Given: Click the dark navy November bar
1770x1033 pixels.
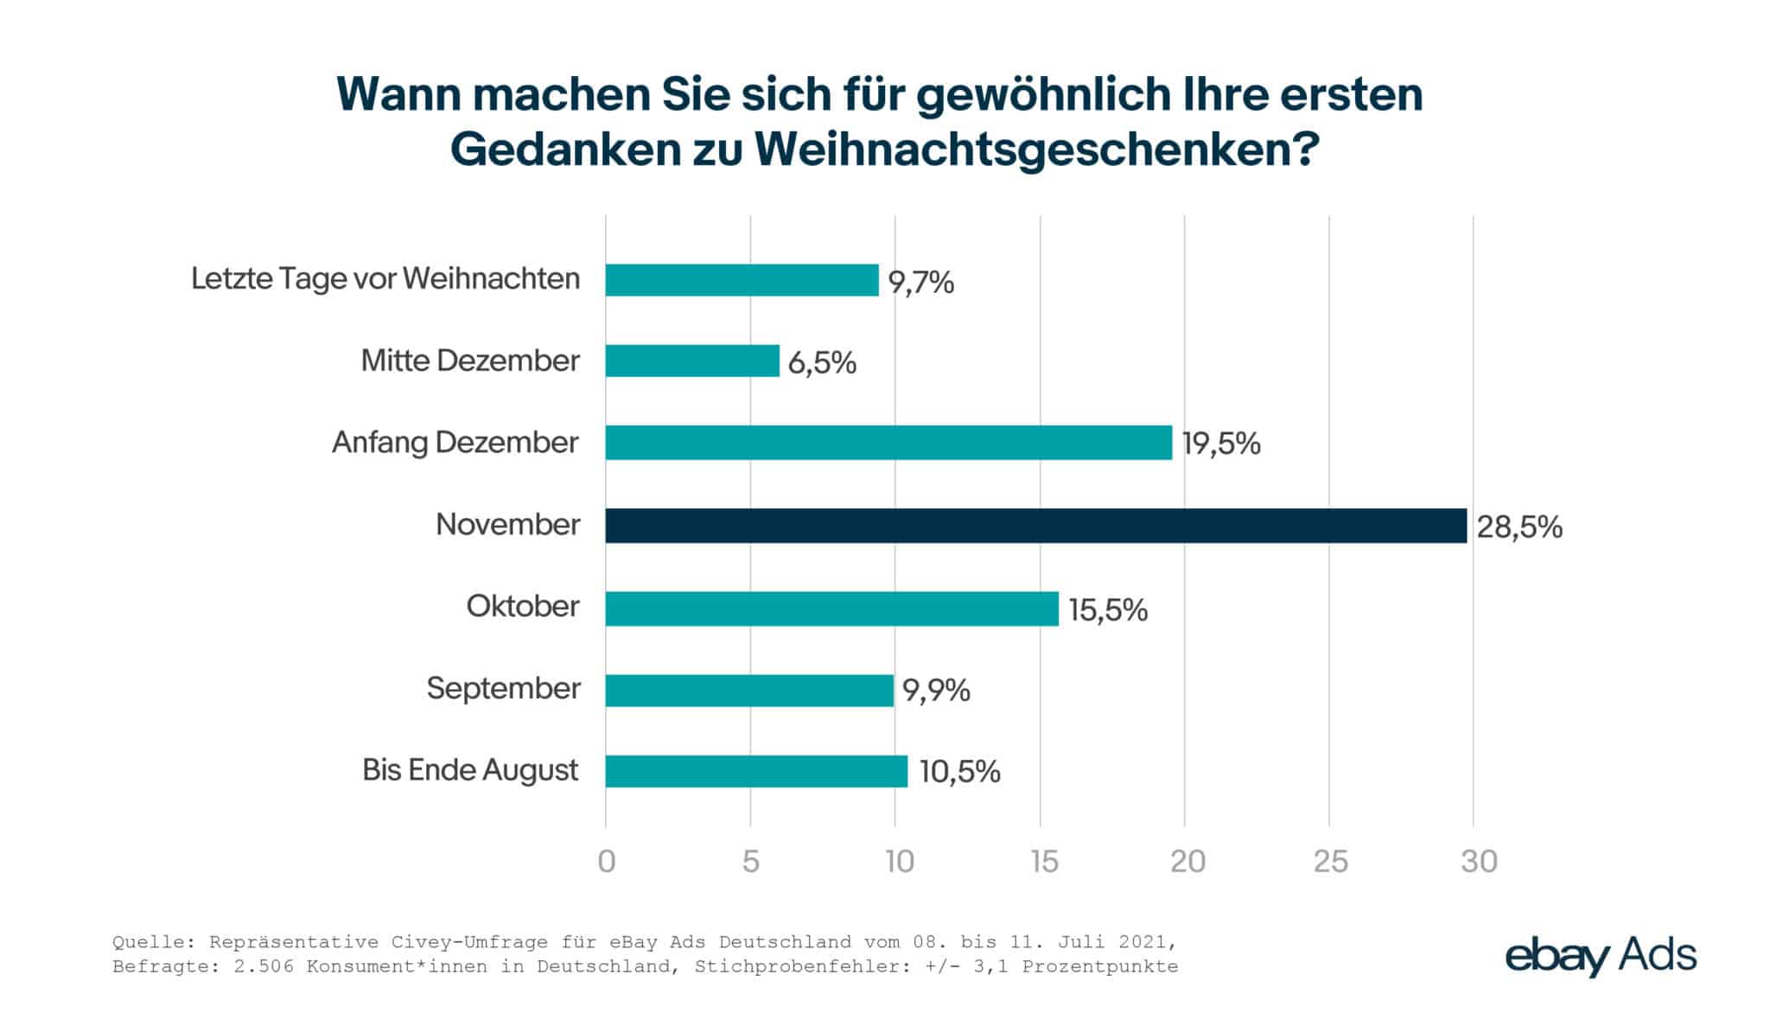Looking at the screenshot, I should point(1035,526).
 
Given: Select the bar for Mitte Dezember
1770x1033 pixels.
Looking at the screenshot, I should point(691,360).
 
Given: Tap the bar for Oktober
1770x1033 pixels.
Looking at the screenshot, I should point(831,609).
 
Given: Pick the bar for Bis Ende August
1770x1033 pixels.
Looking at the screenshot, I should point(756,771).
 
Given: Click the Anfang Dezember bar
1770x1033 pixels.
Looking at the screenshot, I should point(888,443).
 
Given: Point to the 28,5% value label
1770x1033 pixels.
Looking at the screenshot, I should point(1519,527).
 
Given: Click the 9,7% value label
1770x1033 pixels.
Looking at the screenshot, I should point(921,283).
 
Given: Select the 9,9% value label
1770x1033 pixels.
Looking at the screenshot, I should point(936,691).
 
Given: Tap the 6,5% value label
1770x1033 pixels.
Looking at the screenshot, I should point(822,363).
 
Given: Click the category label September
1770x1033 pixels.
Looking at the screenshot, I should point(503,689).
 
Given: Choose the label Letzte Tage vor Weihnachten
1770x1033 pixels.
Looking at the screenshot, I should point(385,279).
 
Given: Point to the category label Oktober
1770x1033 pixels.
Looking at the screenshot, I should point(523,607).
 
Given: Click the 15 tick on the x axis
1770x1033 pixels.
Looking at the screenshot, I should point(1044,861).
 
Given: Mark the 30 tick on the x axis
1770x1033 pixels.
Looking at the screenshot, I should point(1479,861).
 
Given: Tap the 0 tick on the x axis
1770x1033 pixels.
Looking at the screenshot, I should point(607,861).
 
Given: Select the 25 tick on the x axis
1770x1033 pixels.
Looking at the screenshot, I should point(1331,861).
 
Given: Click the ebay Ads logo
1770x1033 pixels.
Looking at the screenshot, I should point(1601,957).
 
